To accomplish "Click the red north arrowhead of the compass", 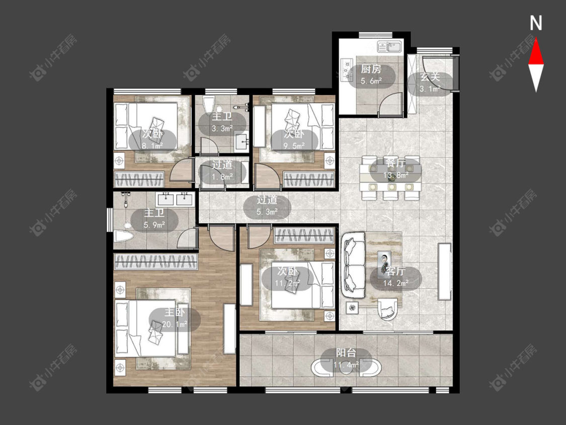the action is (x=536, y=52).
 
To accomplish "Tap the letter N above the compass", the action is (x=536, y=23).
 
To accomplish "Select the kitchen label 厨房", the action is (x=371, y=69).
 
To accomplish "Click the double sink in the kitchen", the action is (x=390, y=47).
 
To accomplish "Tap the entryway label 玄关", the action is (x=430, y=77).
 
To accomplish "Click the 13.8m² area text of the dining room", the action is (x=395, y=175).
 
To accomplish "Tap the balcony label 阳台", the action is (x=346, y=353).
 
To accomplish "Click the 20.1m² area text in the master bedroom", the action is (x=175, y=324).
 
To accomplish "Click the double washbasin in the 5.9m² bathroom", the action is (x=176, y=199).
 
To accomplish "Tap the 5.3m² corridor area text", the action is (x=267, y=212).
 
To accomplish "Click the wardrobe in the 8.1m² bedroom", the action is (x=139, y=179).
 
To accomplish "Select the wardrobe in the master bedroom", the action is (x=156, y=261).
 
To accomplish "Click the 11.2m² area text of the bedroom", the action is (x=287, y=283).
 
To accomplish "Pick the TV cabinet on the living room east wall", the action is (x=444, y=272).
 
